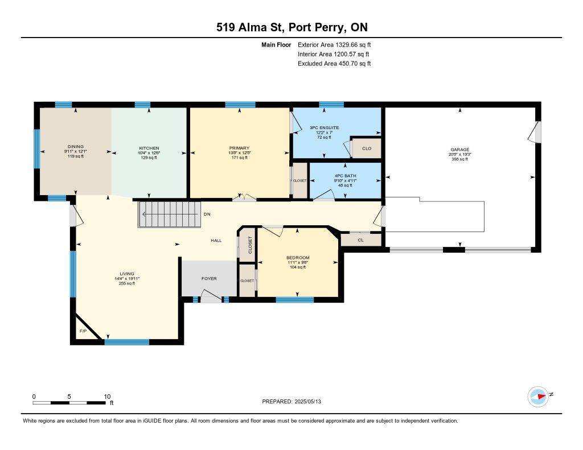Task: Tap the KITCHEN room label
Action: (149, 148)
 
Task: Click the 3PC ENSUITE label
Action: (324, 127)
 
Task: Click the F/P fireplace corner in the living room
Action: (83, 331)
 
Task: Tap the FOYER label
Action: (209, 279)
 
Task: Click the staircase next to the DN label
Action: (170, 214)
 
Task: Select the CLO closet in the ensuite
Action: (367, 148)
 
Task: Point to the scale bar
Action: (72, 403)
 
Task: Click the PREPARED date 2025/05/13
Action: (295, 402)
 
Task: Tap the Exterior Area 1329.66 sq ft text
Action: (334, 44)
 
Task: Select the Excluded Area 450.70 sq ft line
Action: (334, 64)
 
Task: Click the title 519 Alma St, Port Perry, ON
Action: (291, 27)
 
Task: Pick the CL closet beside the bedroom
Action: (360, 240)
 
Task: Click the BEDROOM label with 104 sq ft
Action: (298, 258)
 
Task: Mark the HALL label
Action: (216, 241)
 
